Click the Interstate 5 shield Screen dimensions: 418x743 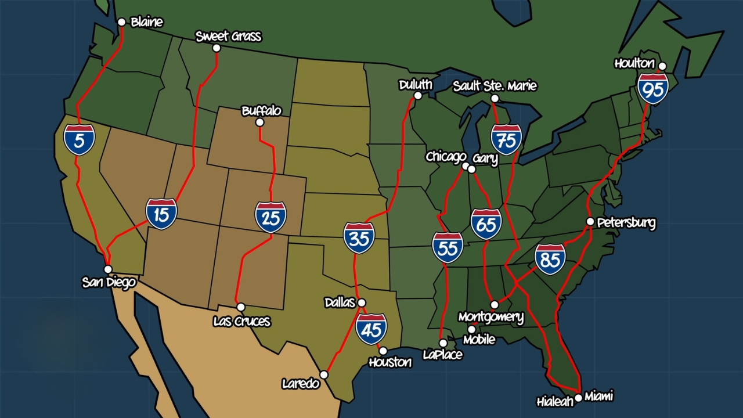79,139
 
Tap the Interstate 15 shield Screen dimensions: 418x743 161,214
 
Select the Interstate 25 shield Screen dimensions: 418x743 270,217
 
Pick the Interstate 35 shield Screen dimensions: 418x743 359,237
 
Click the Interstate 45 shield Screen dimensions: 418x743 371,329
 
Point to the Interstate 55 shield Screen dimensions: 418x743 448,247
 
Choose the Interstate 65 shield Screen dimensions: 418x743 486,224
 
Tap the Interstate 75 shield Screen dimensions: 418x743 506,139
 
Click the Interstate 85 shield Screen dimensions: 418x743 550,259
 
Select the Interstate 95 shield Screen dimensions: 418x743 653,88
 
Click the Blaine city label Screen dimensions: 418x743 147,22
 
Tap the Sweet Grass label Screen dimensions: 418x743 228,37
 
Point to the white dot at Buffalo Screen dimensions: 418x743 259,122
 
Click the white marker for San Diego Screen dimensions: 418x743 108,269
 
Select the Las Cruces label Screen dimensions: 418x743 241,321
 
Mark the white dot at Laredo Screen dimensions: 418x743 324,375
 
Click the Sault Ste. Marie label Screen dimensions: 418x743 495,86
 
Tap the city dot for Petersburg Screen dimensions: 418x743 590,222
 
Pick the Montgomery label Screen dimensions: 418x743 490,317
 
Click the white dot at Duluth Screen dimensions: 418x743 417,96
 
